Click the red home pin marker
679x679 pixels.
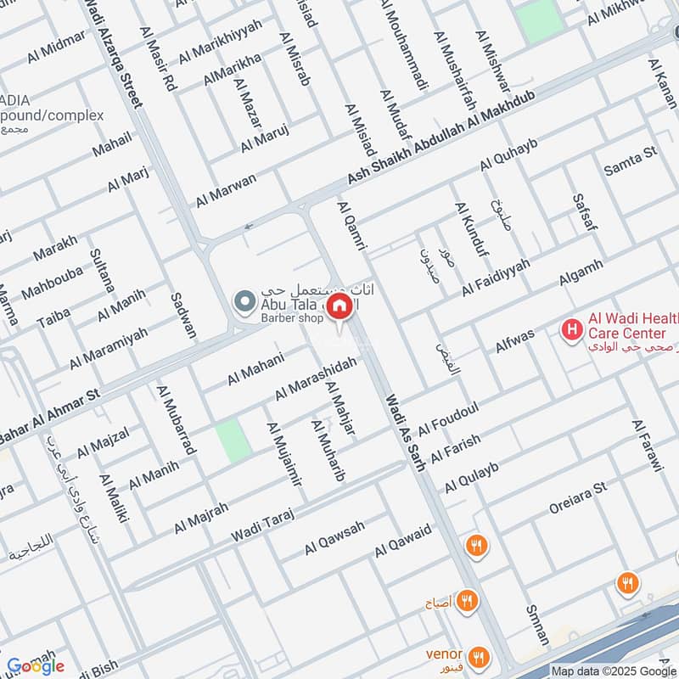(340, 306)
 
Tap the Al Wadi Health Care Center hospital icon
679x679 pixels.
(574, 327)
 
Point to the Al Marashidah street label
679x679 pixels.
(315, 379)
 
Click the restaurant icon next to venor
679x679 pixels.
(479, 655)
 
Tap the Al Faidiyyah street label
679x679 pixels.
(496, 278)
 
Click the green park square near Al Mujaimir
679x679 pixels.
(232, 441)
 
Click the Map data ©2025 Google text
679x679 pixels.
(613, 670)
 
